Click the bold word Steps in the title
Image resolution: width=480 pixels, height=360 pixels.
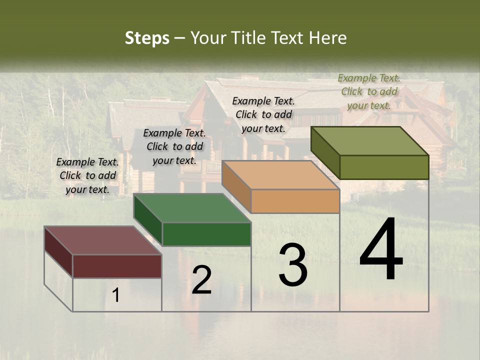[x=147, y=38]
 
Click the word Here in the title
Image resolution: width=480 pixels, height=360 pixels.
[x=327, y=38]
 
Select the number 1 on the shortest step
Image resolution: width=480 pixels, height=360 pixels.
[x=116, y=295]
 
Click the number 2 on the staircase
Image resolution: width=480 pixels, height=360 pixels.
[x=201, y=280]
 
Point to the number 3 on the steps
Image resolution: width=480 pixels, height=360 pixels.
[x=293, y=265]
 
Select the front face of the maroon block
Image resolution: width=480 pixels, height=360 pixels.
[x=117, y=266]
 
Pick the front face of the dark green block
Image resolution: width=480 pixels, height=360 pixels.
[x=206, y=234]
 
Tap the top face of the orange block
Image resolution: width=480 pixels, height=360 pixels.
[x=280, y=175]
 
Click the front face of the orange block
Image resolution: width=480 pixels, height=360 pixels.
[x=295, y=201]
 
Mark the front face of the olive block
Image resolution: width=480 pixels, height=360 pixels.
[x=384, y=167]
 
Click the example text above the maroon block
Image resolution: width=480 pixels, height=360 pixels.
[x=87, y=176]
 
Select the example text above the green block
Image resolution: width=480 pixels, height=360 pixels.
[x=174, y=146]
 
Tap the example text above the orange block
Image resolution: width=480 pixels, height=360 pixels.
[x=263, y=114]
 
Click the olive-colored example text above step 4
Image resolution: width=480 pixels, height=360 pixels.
[x=369, y=91]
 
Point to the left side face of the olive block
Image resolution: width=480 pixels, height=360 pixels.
[x=325, y=152]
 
